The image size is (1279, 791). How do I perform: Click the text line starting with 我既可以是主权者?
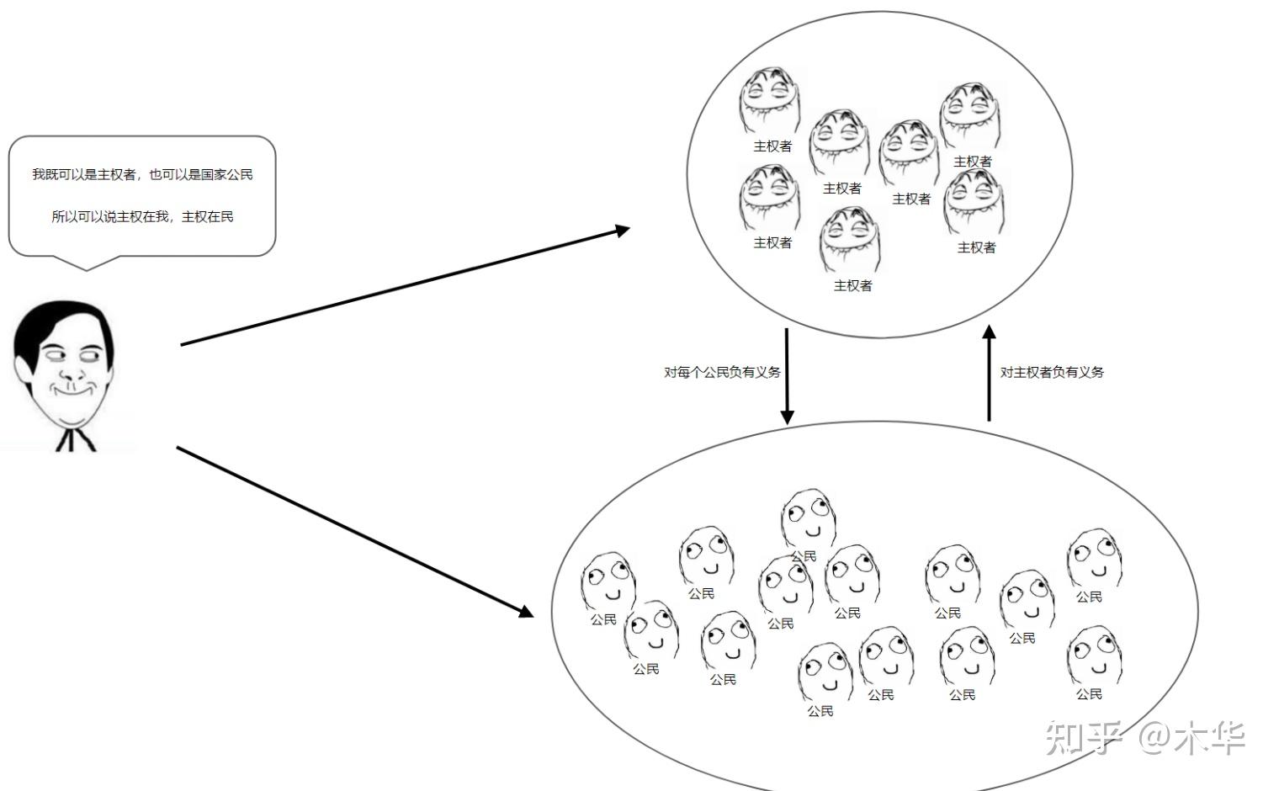click(x=142, y=174)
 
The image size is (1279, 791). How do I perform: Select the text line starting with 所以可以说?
click(x=142, y=216)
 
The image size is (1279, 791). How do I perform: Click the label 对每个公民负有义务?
click(x=722, y=372)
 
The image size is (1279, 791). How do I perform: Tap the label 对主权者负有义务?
click(x=1052, y=372)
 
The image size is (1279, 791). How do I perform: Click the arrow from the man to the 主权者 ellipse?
click(x=404, y=286)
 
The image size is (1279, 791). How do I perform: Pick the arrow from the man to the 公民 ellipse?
click(x=353, y=531)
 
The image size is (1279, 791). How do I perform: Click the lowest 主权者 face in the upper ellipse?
click(x=850, y=239)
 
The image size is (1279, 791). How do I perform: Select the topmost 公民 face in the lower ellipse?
click(x=808, y=518)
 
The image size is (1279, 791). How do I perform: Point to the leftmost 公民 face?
click(x=608, y=581)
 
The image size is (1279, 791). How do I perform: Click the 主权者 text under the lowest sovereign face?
click(x=852, y=286)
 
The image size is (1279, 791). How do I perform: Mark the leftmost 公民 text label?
click(x=603, y=619)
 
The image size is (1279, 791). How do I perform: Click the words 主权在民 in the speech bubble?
click(x=208, y=216)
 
